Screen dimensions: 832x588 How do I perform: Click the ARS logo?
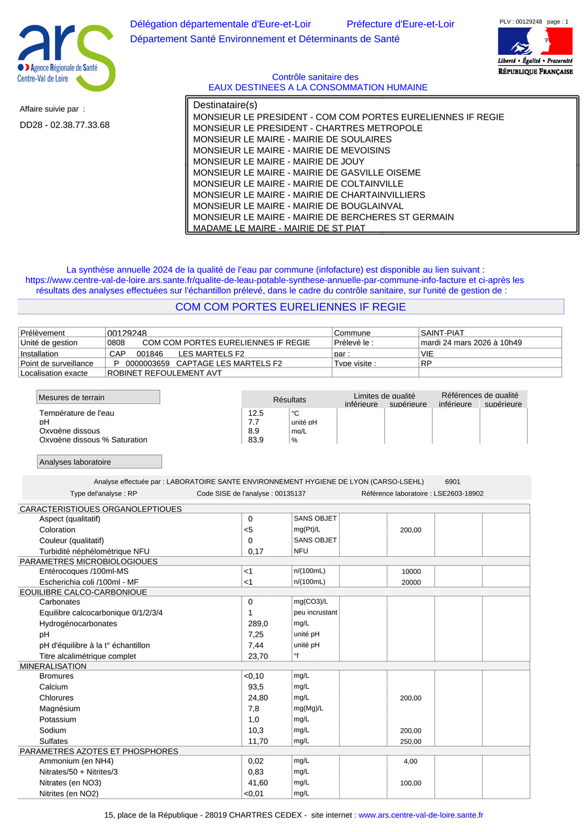[66, 58]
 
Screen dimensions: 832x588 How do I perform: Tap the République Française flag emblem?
[535, 41]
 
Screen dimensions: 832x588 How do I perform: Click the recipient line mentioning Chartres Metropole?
[308, 128]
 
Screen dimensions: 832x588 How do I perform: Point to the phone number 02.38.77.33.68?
[65, 125]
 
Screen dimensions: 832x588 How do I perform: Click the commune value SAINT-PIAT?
[442, 333]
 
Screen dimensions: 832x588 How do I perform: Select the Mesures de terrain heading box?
[98, 397]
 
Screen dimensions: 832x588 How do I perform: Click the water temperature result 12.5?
[256, 413]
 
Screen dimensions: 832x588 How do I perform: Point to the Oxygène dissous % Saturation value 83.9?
[256, 440]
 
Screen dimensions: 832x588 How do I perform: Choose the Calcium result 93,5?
[256, 687]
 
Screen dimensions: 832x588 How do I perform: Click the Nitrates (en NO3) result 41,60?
[258, 782]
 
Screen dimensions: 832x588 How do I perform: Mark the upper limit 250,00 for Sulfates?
[411, 742]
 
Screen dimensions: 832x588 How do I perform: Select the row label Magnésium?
[59, 708]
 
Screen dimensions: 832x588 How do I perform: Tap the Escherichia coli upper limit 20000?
[411, 582]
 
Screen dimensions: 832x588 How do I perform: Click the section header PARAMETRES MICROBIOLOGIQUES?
[88, 561]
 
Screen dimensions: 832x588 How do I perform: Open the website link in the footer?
[421, 815]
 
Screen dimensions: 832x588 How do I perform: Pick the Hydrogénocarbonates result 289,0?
[258, 624]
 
